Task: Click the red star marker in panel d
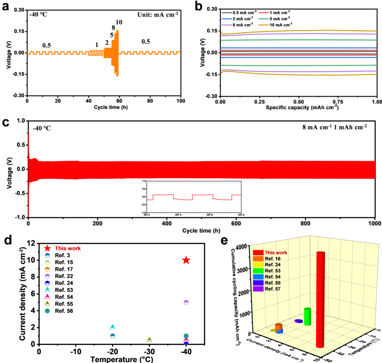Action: [x=186, y=260]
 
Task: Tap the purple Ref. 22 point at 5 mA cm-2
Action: [x=186, y=302]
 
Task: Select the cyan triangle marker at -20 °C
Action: [x=112, y=327]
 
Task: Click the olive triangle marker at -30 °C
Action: [x=149, y=340]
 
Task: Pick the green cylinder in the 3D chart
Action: [x=307, y=316]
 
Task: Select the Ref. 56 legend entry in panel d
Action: [x=63, y=311]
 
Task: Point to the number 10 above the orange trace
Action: [x=119, y=22]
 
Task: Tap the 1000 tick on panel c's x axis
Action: [x=374, y=224]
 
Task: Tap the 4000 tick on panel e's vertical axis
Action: [x=243, y=247]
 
